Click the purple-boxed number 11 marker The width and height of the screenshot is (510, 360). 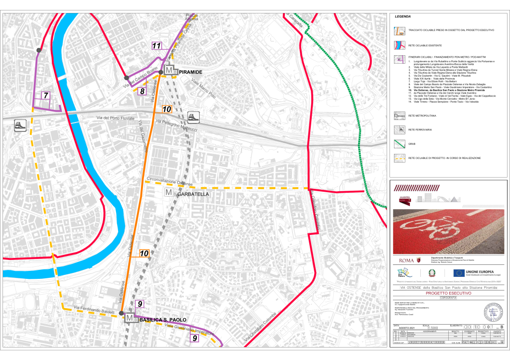(157, 46)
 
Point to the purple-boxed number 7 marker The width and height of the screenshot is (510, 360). (46, 95)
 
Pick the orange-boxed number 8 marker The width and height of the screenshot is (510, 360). (142, 91)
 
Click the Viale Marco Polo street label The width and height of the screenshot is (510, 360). (204, 89)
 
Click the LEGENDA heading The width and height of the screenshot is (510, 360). (402, 16)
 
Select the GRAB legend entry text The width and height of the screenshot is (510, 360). (411, 144)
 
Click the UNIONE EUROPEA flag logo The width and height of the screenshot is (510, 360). (459, 272)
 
